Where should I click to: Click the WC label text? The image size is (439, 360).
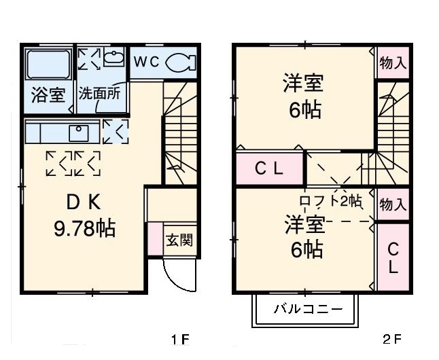(145, 61)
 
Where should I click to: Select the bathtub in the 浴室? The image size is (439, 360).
(48, 65)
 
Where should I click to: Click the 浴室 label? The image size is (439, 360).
(48, 94)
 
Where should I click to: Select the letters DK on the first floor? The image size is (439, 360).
(83, 202)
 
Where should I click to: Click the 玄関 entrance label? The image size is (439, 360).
(180, 239)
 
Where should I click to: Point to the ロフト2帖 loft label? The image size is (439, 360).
(331, 201)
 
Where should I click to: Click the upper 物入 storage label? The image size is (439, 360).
(393, 64)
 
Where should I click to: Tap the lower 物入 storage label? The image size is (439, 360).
(393, 204)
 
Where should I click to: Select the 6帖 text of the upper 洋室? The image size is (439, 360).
(305, 110)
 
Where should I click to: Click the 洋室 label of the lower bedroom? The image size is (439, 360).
(304, 223)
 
